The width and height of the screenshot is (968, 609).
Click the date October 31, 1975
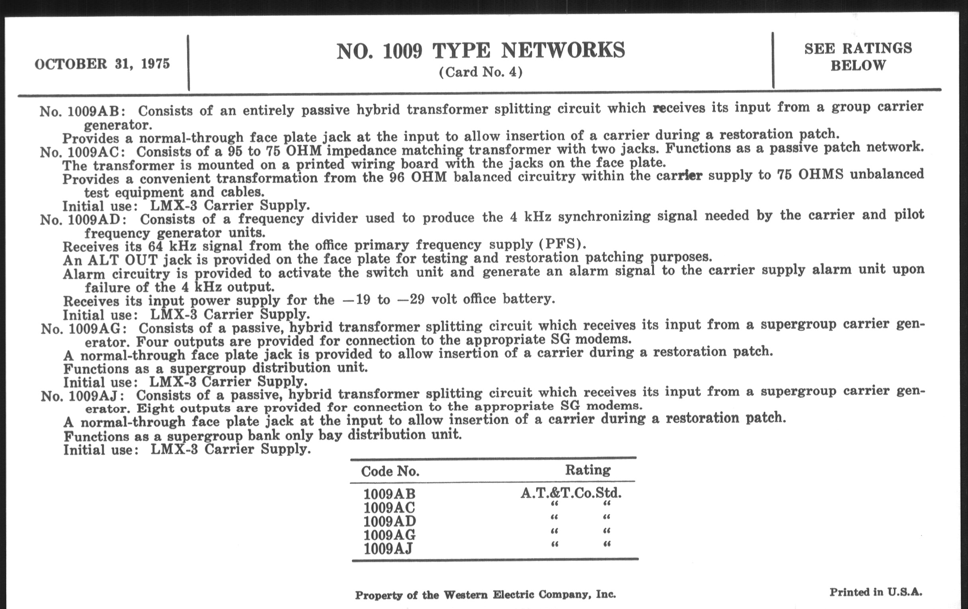click(102, 64)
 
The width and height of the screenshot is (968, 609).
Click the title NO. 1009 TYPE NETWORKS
click(480, 51)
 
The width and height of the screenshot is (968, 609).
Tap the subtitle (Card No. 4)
click(480, 72)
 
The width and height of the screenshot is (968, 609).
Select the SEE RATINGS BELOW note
click(858, 57)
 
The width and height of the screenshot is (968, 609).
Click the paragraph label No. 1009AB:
click(82, 111)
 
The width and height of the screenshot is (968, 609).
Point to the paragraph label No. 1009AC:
click(82, 152)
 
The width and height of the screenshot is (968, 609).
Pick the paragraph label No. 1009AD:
click(83, 220)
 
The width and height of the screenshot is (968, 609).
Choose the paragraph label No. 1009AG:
click(84, 329)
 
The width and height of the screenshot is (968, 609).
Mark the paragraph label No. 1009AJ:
click(82, 396)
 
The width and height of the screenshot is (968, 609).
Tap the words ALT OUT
click(122, 260)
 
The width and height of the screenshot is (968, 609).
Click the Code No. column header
click(390, 471)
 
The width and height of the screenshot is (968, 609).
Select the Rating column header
click(588, 470)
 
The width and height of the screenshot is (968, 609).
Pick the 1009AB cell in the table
click(389, 494)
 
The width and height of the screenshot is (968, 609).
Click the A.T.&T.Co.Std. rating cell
click(571, 493)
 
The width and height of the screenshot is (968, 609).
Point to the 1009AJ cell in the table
click(388, 549)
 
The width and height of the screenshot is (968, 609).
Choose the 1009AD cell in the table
click(390, 521)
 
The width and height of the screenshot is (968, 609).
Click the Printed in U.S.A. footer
click(876, 592)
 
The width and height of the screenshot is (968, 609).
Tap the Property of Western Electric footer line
click(485, 595)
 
